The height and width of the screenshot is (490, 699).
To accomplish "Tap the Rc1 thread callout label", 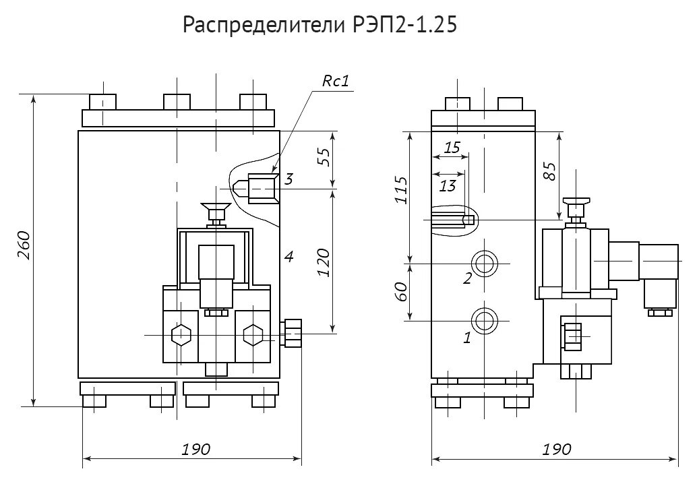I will point(334,82).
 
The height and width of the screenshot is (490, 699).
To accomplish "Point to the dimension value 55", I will point(324,156).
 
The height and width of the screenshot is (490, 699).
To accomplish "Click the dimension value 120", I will point(324,262).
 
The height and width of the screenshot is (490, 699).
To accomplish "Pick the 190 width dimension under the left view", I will point(196,449).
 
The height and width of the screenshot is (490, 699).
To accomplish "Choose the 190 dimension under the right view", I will point(556,449).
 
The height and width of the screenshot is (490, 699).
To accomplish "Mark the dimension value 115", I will point(401,191).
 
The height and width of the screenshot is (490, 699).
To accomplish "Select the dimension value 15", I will point(452,146).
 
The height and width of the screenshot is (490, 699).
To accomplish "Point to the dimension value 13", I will point(448,185).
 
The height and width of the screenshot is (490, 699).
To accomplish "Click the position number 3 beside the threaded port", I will point(288,179).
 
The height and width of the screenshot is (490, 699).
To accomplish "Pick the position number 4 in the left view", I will point(288,256).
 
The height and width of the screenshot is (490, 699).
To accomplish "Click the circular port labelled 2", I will point(484,263).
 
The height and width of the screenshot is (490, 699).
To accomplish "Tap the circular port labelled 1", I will point(484,319).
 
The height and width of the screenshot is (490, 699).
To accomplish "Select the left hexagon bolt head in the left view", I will point(181,335).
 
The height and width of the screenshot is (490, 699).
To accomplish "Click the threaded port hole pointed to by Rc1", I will point(262,189).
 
